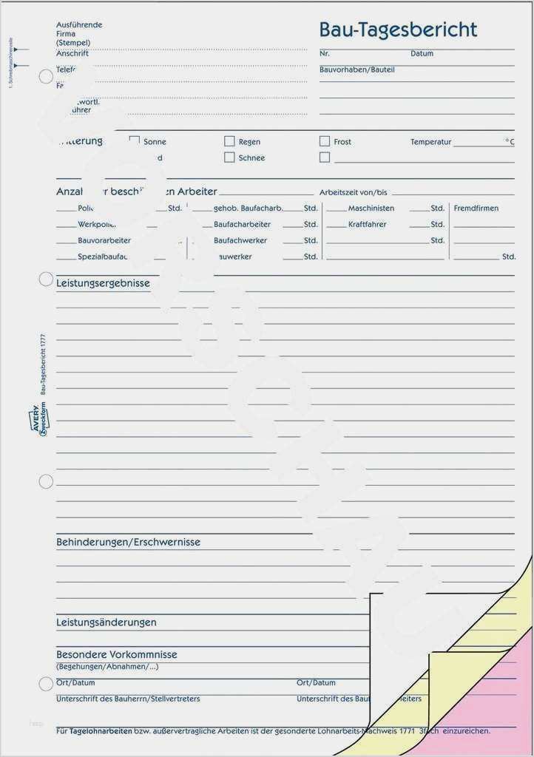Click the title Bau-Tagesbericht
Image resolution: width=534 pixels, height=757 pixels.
(x=398, y=30)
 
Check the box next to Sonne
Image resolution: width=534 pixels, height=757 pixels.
(x=135, y=140)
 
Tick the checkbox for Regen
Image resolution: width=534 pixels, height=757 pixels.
(x=229, y=141)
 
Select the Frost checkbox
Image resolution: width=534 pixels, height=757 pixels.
(x=324, y=141)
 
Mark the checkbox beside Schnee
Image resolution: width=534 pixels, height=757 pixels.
(x=229, y=157)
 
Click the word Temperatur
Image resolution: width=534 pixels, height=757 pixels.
(x=430, y=142)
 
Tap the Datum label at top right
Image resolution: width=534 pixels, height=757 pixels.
(x=422, y=54)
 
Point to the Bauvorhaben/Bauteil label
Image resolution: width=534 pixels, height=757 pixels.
(x=356, y=69)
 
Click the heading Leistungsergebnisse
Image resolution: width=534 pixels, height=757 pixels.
(x=103, y=283)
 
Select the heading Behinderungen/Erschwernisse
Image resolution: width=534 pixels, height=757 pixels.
(x=128, y=542)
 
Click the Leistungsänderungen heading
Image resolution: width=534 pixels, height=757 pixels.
(x=107, y=622)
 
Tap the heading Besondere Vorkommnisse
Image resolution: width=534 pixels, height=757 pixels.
(x=117, y=654)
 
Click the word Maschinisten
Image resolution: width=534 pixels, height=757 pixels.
(x=371, y=208)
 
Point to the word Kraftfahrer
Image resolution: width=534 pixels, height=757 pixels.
(x=367, y=225)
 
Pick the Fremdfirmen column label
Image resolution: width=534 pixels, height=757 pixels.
(x=476, y=208)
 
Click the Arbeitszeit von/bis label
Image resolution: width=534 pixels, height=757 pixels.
(x=353, y=192)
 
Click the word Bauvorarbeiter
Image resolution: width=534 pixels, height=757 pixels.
(x=104, y=241)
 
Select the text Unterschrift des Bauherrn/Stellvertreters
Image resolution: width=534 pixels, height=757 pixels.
(x=128, y=699)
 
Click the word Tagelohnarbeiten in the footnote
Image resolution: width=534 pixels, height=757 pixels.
(x=101, y=730)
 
